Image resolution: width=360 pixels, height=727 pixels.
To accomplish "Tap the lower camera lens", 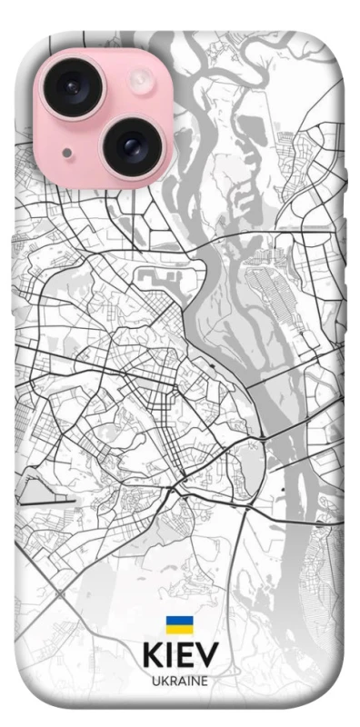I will pos(129,143).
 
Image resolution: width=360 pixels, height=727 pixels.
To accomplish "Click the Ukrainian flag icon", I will pos(178,625).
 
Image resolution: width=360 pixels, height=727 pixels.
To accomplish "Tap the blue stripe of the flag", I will pos(178,621).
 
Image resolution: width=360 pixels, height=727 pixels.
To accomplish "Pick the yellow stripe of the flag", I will pos(178,629).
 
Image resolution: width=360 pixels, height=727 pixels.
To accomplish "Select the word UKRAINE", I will pos(180,680).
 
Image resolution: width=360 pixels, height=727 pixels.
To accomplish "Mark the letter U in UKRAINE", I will pos(155,680).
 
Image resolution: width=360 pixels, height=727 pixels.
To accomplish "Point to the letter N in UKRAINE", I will pos(195,680).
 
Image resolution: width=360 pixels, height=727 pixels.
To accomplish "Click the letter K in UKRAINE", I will pos(163,680).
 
